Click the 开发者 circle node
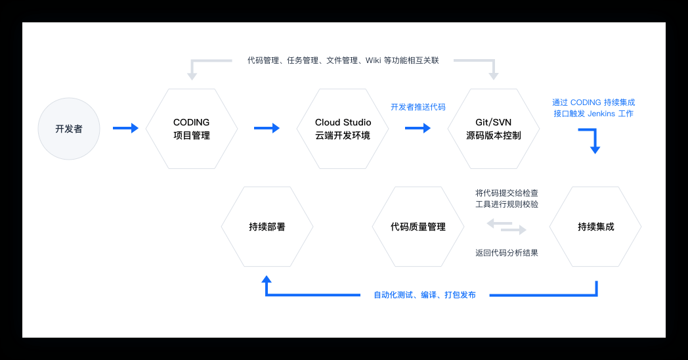click(x=69, y=129)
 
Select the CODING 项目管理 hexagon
click(x=191, y=129)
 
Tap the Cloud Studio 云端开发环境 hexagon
click(x=343, y=129)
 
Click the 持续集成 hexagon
click(x=595, y=227)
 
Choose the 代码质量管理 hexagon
click(x=418, y=227)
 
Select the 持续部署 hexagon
click(x=267, y=227)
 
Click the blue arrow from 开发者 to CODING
click(x=125, y=128)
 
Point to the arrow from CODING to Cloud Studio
click(x=267, y=128)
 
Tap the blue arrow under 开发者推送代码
click(x=418, y=128)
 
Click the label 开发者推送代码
click(x=418, y=106)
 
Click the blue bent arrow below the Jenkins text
click(x=590, y=140)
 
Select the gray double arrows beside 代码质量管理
click(x=506, y=227)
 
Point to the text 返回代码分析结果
click(x=506, y=252)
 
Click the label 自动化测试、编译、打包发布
click(x=424, y=295)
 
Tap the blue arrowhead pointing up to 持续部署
click(x=267, y=280)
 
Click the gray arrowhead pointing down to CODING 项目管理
click(x=192, y=75)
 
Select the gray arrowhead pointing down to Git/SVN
click(x=494, y=75)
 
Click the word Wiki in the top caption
click(x=373, y=60)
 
